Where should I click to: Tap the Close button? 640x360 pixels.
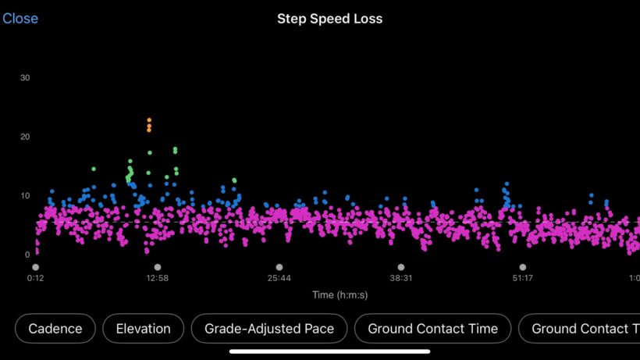point(20,19)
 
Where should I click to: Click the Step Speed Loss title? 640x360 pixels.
point(329,19)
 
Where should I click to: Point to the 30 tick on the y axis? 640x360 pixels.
point(26,78)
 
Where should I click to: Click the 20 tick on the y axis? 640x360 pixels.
point(26,137)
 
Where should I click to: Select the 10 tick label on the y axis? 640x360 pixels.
point(26,195)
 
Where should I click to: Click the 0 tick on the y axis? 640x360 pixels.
point(27,255)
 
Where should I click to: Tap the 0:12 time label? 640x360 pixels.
point(35,278)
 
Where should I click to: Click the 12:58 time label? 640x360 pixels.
point(157,278)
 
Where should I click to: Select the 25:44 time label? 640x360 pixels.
point(279,278)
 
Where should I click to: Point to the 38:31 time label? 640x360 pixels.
point(400,278)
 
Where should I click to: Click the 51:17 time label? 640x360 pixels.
point(522,278)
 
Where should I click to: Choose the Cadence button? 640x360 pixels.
point(55,329)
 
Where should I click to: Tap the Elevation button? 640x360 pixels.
point(143,329)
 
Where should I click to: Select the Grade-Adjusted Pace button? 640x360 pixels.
point(269,329)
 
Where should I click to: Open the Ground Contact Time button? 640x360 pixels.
point(432,329)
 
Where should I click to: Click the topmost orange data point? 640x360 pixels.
point(149,120)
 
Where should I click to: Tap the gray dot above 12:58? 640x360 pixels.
point(157,267)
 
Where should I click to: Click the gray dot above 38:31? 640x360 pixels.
point(400,267)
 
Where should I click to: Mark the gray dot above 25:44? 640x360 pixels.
point(279,267)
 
